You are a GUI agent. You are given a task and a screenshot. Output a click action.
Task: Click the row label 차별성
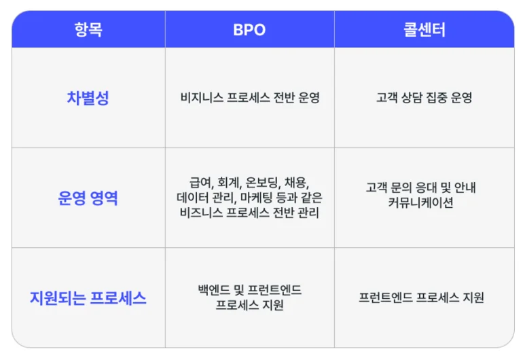(x=88, y=98)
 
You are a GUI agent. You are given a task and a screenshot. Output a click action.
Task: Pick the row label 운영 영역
(x=88, y=198)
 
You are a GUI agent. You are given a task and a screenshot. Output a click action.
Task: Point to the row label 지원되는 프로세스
(x=88, y=298)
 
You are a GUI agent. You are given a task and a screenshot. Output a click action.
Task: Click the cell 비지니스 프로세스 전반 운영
(x=249, y=98)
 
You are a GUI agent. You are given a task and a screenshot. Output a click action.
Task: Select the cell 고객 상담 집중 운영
(x=424, y=98)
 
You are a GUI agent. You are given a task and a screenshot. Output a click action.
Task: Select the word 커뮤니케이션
(x=424, y=203)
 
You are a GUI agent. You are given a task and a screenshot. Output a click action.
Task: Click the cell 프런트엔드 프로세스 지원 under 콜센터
(x=424, y=298)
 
